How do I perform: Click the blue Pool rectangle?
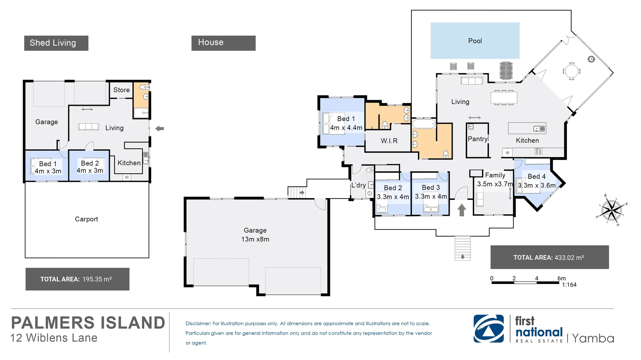pos(475,41)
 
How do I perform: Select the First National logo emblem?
pos(488,329)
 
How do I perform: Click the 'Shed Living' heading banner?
pos(56,43)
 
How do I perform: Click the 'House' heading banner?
pos(223,43)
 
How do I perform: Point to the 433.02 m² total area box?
pos(549,257)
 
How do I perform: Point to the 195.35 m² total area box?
pos(77,279)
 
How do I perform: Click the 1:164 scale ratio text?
pos(569,285)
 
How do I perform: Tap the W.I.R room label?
pos(389,141)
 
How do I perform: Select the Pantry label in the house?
pos(477,139)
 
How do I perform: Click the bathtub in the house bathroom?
pos(424,124)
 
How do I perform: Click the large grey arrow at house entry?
pos(462,210)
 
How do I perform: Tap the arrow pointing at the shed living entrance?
pos(160,128)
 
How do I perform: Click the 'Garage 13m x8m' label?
pos(255,235)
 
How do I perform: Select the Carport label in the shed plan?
pos(86,219)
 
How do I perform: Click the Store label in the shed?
pos(121,90)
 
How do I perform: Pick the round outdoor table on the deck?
pos(572,71)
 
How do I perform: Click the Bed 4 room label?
pos(537,176)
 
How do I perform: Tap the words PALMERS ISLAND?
pos(88,323)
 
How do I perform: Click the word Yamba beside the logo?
pos(593,338)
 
